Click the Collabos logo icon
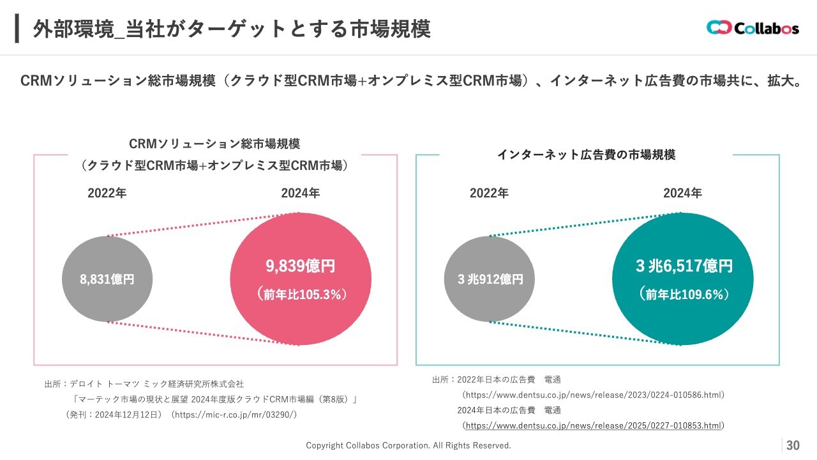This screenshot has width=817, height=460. [x=718, y=28]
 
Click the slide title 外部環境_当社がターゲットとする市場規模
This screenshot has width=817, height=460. [x=231, y=29]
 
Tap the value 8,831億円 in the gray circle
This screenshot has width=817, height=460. [x=107, y=279]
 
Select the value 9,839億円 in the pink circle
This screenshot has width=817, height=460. [x=300, y=266]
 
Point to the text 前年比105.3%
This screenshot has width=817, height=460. [x=301, y=295]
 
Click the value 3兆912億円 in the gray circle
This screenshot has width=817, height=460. [x=490, y=279]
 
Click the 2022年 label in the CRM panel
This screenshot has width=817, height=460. [x=107, y=194]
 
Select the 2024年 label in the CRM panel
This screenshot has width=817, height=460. [x=301, y=194]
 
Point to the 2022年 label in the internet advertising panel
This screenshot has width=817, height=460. [x=489, y=194]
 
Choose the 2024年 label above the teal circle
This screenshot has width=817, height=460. [x=682, y=194]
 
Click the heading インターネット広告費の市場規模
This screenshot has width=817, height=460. [x=586, y=155]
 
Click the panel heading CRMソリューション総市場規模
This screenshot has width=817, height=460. [x=214, y=144]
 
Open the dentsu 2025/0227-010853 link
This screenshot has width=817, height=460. [x=594, y=425]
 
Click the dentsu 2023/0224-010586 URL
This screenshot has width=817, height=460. [x=594, y=395]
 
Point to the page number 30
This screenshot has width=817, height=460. [x=793, y=445]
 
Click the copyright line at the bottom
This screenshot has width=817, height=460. [x=408, y=445]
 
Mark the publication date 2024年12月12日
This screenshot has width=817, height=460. [x=123, y=415]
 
